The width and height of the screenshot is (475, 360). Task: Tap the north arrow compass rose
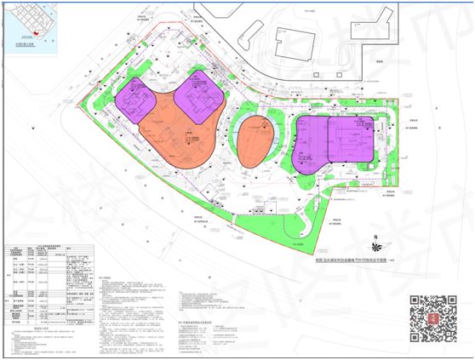pos(372,250)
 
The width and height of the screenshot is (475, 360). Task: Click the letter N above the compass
pos(372,236)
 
